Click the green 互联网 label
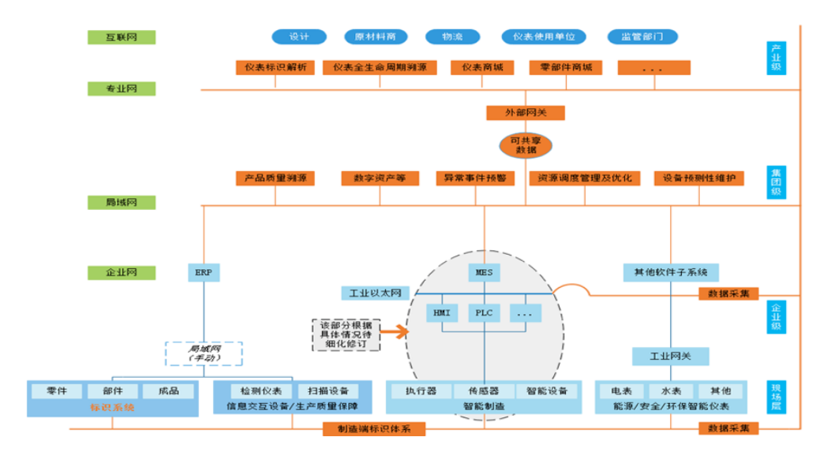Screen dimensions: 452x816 [122, 37]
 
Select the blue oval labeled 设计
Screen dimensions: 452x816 [299, 37]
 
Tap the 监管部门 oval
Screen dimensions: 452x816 [642, 37]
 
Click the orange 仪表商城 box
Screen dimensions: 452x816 [482, 68]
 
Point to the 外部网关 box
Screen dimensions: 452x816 [525, 113]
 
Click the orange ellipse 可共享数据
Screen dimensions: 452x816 [526, 144]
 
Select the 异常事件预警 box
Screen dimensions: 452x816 [475, 178]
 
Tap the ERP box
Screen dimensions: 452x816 [204, 273]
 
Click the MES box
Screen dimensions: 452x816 [484, 273]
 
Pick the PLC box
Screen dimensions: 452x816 [484, 312]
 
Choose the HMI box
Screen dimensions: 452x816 [441, 312]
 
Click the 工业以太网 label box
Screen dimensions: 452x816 [376, 293]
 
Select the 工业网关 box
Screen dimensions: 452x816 [670, 356]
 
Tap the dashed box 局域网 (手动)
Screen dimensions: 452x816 [203, 353]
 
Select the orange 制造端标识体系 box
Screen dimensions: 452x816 [374, 429]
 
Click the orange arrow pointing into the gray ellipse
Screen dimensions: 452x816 [395, 331]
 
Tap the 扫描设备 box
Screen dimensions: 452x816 [328, 390]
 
